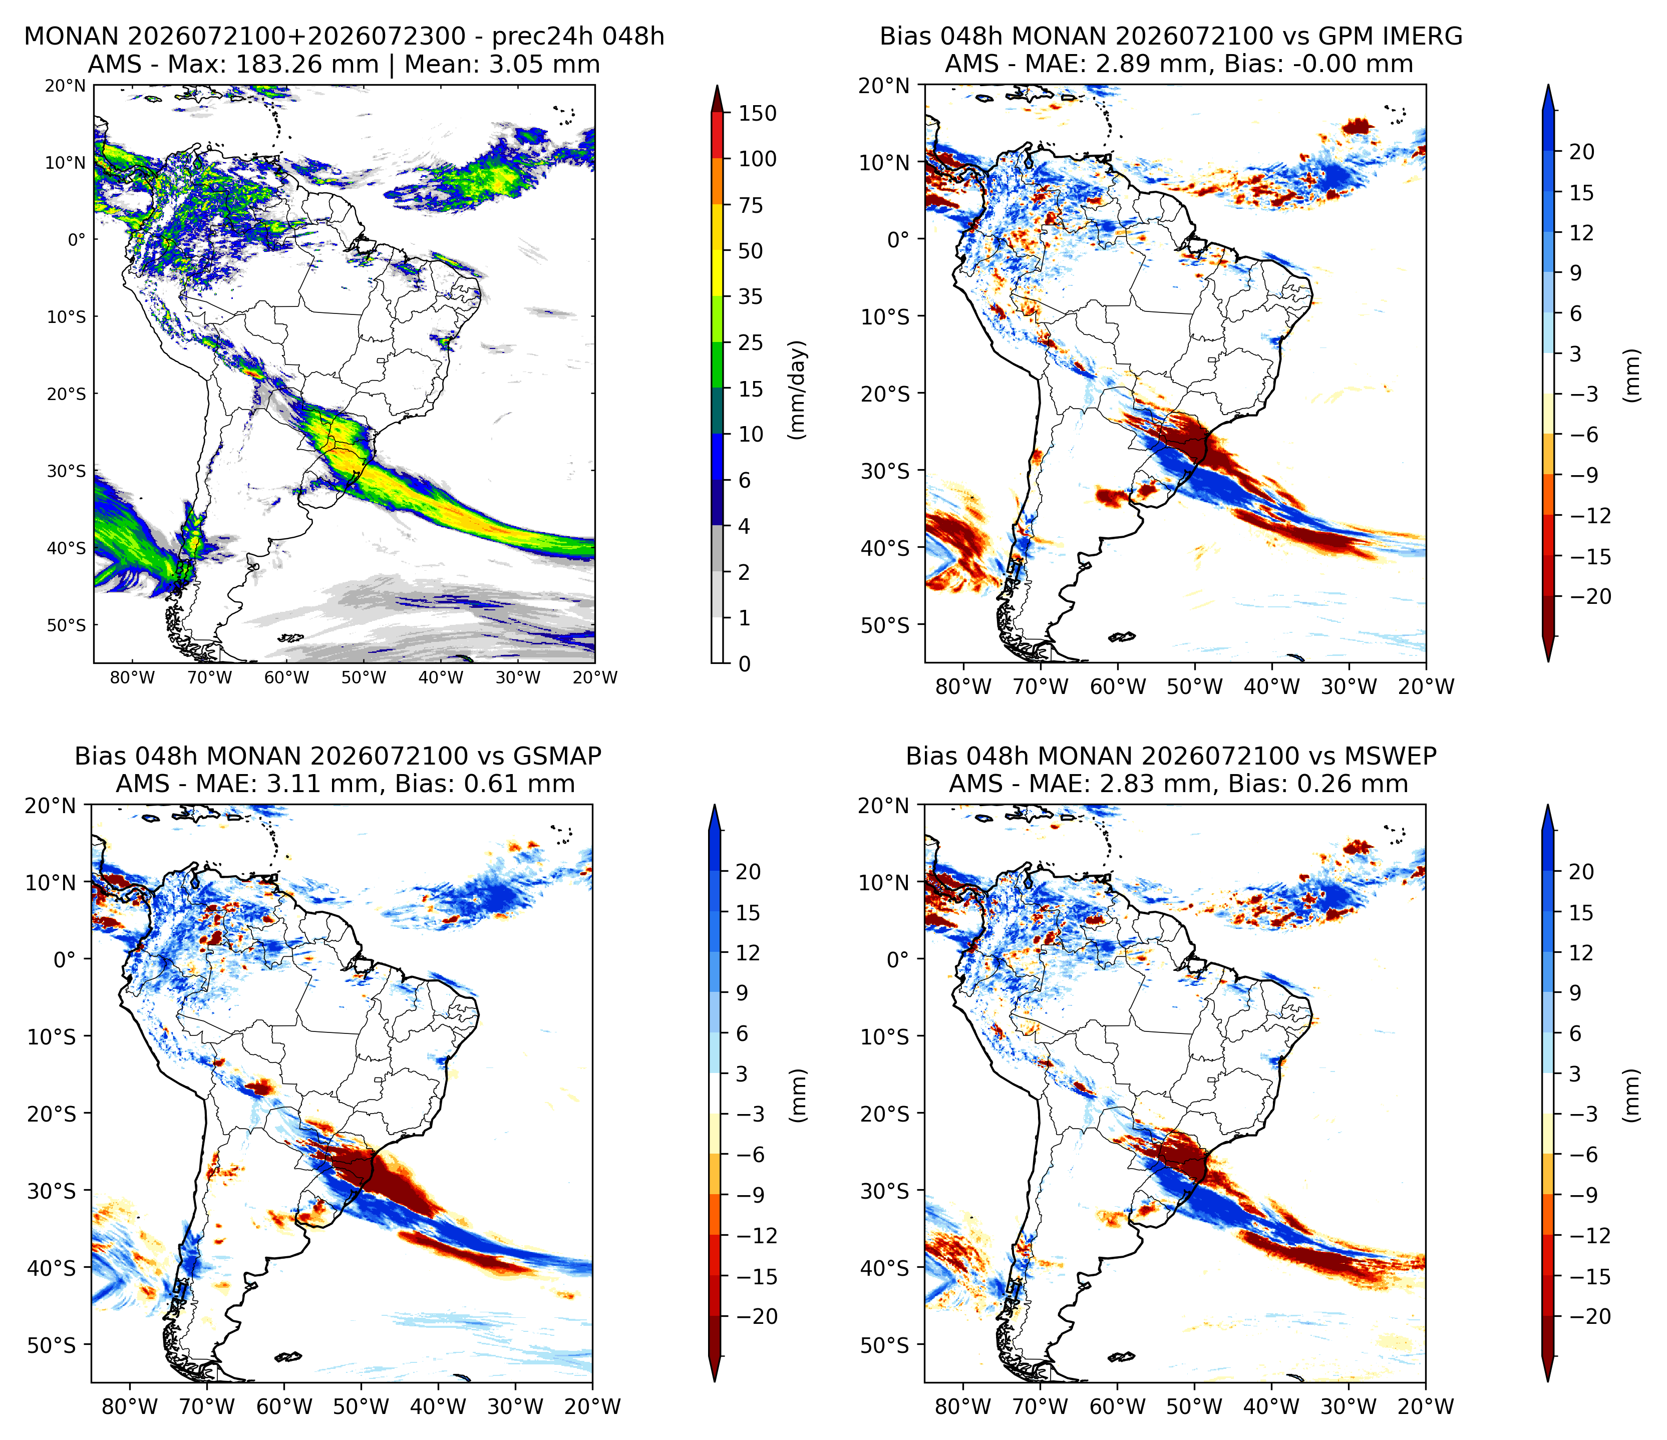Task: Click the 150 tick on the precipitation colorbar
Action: click(x=758, y=114)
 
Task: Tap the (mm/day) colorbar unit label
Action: click(x=797, y=390)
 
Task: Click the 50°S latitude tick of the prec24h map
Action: click(x=66, y=625)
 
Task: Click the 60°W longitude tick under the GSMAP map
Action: click(x=285, y=1406)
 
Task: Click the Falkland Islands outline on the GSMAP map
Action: click(x=288, y=1357)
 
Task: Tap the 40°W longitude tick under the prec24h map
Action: click(x=441, y=677)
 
